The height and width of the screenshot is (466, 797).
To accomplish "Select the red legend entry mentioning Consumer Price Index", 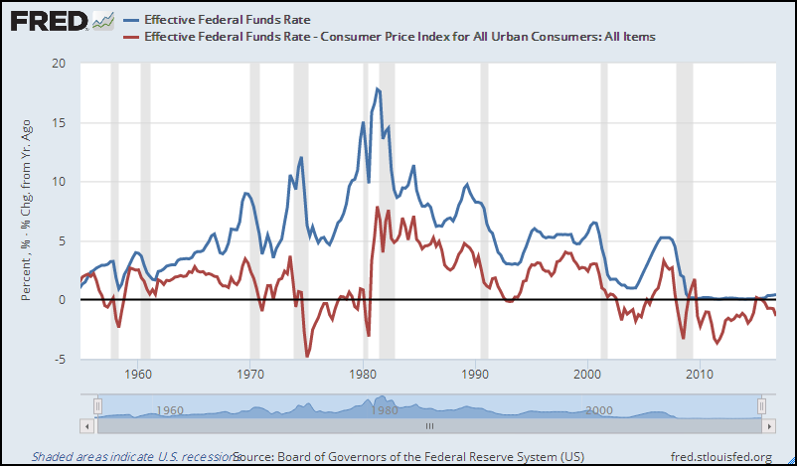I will pos(398,37).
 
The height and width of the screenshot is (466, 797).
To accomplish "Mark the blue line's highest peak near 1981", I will pos(378,88).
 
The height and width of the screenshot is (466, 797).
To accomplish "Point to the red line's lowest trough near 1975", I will pos(307,355).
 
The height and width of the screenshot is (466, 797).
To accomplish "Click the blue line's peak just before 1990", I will pos(466,185).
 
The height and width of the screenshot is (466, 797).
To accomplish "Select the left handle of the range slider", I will pos(97,405).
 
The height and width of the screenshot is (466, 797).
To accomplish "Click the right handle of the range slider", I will pos(760,405).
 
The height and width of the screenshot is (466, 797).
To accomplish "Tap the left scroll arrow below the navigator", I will pos(87,425).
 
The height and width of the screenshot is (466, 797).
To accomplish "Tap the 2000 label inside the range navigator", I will pos(597,409).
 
